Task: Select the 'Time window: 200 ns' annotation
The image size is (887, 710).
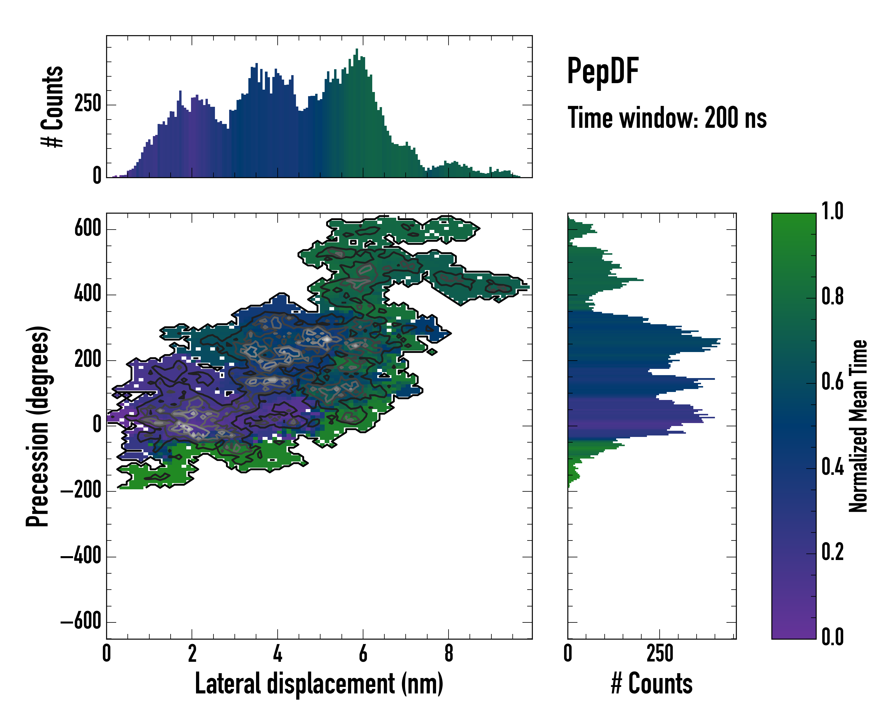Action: pos(667,118)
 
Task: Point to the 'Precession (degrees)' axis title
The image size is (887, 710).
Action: pos(38,426)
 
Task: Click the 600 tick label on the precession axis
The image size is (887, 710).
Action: pos(88,228)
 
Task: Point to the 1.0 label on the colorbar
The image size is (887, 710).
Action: pos(832,211)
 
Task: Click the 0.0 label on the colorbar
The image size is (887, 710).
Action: pos(832,637)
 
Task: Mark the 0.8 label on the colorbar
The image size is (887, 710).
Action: pos(832,296)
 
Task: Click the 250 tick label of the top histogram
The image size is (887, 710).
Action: pos(88,104)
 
